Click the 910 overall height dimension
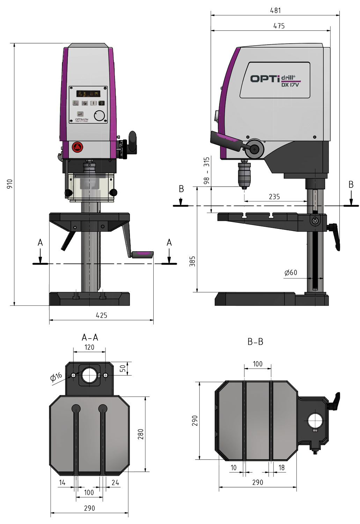(10, 184)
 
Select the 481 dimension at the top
(275, 10)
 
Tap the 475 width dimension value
(279, 26)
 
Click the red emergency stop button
(78, 147)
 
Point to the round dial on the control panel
(100, 116)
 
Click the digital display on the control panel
(88, 94)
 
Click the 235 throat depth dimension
(274, 197)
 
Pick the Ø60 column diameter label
(291, 272)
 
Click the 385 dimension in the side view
(192, 261)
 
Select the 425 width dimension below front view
(101, 315)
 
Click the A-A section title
(90, 337)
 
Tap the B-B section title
(255, 342)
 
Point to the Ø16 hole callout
(56, 377)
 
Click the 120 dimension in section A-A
(89, 347)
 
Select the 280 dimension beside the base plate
(140, 434)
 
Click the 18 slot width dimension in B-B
(281, 467)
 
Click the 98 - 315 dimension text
(207, 170)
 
